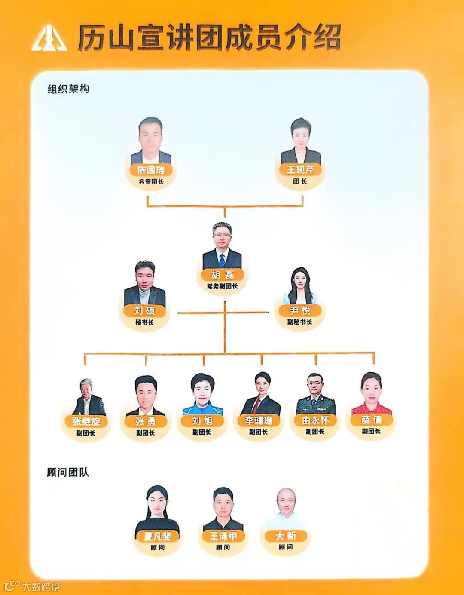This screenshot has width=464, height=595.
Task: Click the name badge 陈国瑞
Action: (151, 170)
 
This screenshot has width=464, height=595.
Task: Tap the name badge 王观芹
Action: (300, 170)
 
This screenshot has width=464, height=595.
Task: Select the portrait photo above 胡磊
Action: (222, 246)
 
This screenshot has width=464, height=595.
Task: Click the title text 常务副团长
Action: (222, 286)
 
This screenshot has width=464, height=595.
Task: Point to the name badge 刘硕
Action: (144, 310)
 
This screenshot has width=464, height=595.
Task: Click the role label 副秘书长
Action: (300, 322)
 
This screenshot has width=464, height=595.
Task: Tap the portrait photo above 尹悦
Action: (300, 286)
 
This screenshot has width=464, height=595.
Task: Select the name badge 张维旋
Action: (86, 421)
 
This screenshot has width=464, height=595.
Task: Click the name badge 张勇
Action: (145, 421)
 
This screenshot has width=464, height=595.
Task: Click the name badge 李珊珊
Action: (259, 420)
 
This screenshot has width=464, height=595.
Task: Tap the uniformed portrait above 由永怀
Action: (315, 393)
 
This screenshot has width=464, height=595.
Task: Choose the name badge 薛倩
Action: (371, 420)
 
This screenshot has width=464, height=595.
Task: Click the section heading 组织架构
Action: (68, 89)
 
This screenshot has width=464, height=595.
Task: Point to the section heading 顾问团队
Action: (68, 472)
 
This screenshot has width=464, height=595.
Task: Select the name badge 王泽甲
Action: (223, 536)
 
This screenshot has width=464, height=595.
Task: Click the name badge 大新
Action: (286, 536)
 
